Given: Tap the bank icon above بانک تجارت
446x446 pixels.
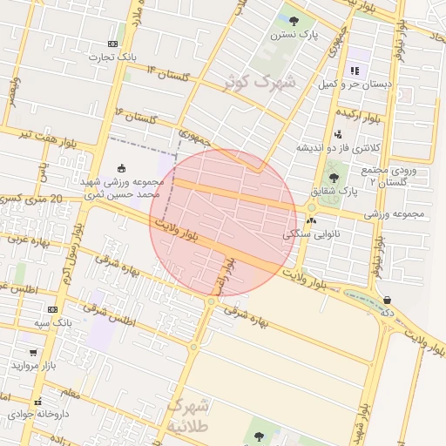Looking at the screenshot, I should coord(112,44).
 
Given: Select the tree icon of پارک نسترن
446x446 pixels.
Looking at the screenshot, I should coord(294,21).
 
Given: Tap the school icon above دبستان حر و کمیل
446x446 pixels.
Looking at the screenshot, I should coord(354,71).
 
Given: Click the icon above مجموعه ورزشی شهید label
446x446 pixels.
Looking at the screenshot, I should coord(121,168).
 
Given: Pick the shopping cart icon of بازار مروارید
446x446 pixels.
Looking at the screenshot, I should coord(33,353).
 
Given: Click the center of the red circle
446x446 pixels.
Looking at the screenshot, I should coord(224,224).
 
